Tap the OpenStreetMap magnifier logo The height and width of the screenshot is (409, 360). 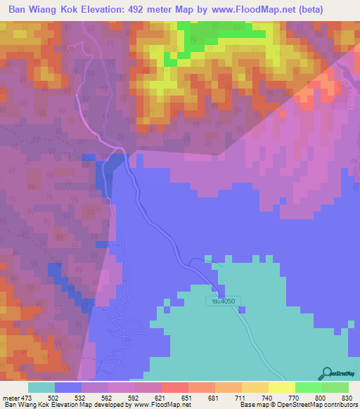(x=326, y=373)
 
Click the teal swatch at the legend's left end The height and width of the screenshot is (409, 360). (x=41, y=387)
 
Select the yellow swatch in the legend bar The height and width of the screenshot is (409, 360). (x=281, y=387)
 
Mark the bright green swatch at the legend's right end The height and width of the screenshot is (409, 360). (x=335, y=387)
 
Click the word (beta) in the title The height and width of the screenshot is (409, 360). (x=338, y=11)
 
